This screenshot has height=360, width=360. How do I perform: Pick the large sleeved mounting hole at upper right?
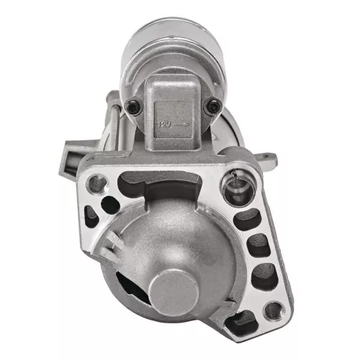click(x=235, y=189)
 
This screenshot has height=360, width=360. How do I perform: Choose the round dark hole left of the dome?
click(x=110, y=204)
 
